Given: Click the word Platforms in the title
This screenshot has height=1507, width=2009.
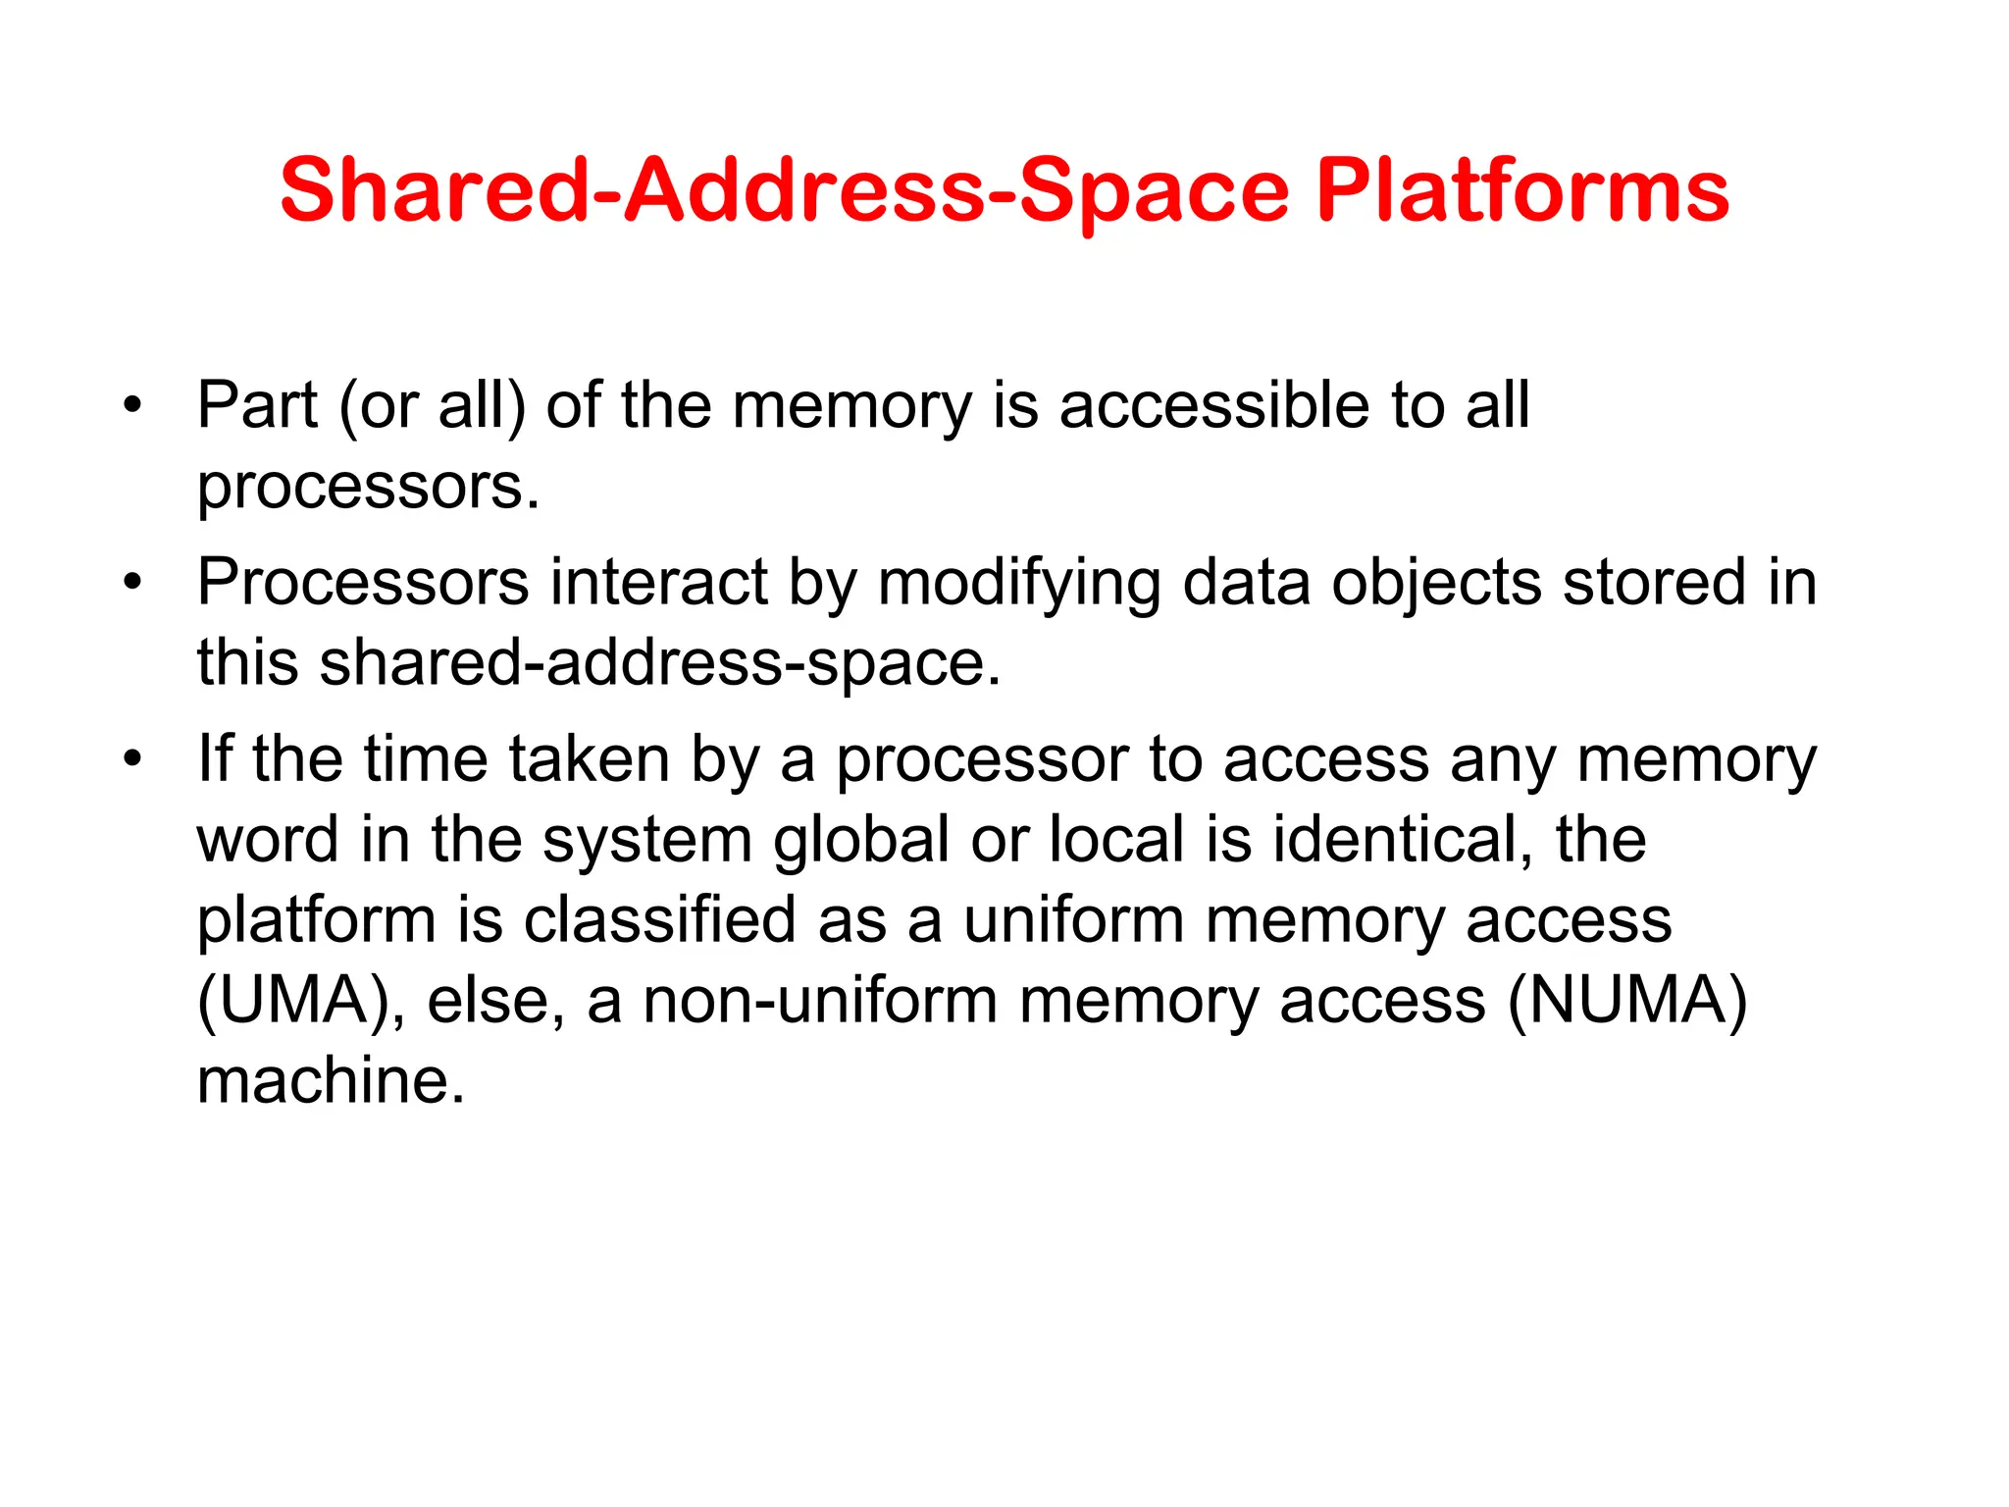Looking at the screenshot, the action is (x=1522, y=191).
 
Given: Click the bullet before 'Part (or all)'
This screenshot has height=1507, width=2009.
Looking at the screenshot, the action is (x=132, y=405).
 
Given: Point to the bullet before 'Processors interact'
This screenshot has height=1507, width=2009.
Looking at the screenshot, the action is (x=132, y=583).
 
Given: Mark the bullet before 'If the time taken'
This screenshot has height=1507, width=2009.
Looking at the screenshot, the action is (x=132, y=760).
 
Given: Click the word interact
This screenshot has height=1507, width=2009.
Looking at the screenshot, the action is (x=658, y=583).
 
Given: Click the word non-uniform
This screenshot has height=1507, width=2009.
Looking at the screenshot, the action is (x=818, y=1001).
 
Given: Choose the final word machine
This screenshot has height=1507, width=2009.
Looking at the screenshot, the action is (x=330, y=1080).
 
